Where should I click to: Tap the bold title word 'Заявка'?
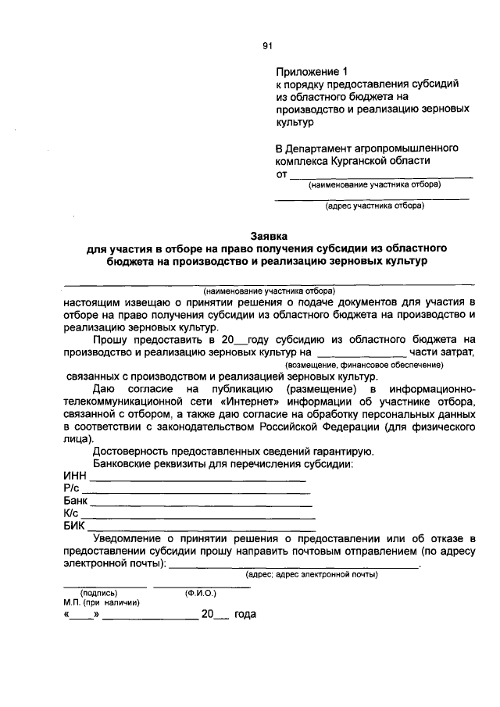pos(269,235)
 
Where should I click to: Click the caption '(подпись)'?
pos(99,593)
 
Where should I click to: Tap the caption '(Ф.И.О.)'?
pos(201,593)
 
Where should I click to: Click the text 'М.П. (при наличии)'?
pos(102,603)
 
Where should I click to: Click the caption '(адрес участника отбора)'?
pos(374,206)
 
